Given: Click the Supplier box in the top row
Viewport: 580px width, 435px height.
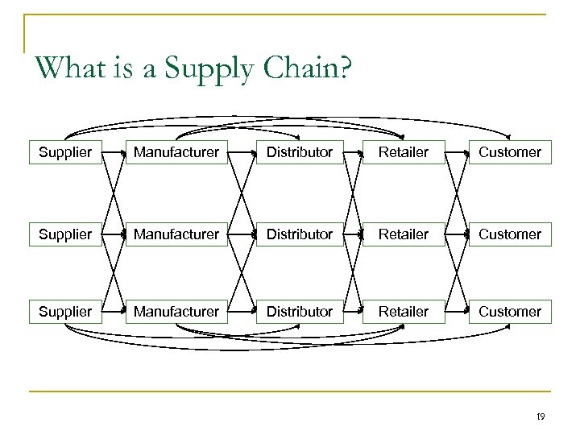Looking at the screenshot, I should point(65,151).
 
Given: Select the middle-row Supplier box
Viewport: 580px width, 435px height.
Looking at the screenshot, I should point(65,234).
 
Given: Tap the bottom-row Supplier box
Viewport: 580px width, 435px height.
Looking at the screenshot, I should point(65,311).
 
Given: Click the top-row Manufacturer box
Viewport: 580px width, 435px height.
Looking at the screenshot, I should point(176,151).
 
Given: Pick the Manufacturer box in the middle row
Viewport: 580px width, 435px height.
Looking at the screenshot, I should point(176,234).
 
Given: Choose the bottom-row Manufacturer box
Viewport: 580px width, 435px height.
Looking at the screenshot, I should point(176,311).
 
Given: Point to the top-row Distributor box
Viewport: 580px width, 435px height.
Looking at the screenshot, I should point(299,151).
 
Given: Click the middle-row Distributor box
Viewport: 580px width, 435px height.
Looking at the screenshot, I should point(299,234).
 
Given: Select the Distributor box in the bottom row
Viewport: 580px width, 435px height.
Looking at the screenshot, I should point(299,311).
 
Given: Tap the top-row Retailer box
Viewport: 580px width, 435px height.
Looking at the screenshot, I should point(404,151).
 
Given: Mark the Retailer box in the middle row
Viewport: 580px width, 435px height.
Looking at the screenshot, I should point(404,234).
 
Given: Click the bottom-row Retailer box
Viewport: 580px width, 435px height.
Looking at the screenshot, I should point(404,311).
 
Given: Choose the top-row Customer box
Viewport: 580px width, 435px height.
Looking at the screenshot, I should point(510,151).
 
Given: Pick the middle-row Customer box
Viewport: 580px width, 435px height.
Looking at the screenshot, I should point(510,234).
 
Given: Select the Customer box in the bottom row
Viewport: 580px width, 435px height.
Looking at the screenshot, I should point(510,311).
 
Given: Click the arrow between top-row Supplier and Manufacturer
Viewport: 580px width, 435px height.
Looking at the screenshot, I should point(114,151).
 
